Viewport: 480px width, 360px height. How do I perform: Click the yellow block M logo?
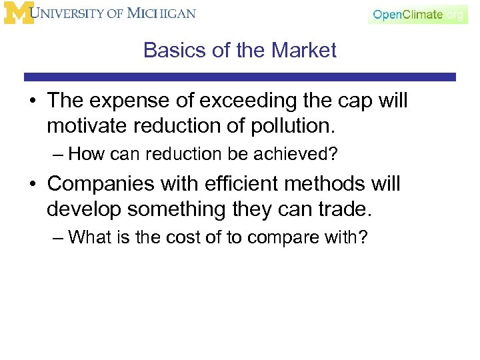tap(18, 13)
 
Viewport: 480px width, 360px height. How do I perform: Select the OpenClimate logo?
tap(417, 14)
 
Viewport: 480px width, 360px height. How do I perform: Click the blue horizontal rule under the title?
tap(240, 77)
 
